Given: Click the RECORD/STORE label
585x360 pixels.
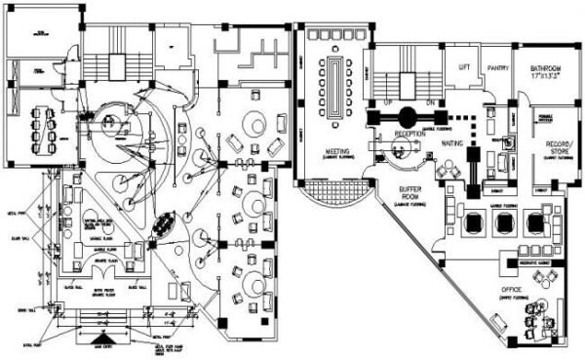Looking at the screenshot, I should [x=558, y=145].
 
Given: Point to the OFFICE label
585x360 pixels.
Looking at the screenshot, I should [x=513, y=291].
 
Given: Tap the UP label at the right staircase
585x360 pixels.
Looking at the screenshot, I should [x=387, y=100].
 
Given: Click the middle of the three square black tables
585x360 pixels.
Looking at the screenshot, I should [x=503, y=223].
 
